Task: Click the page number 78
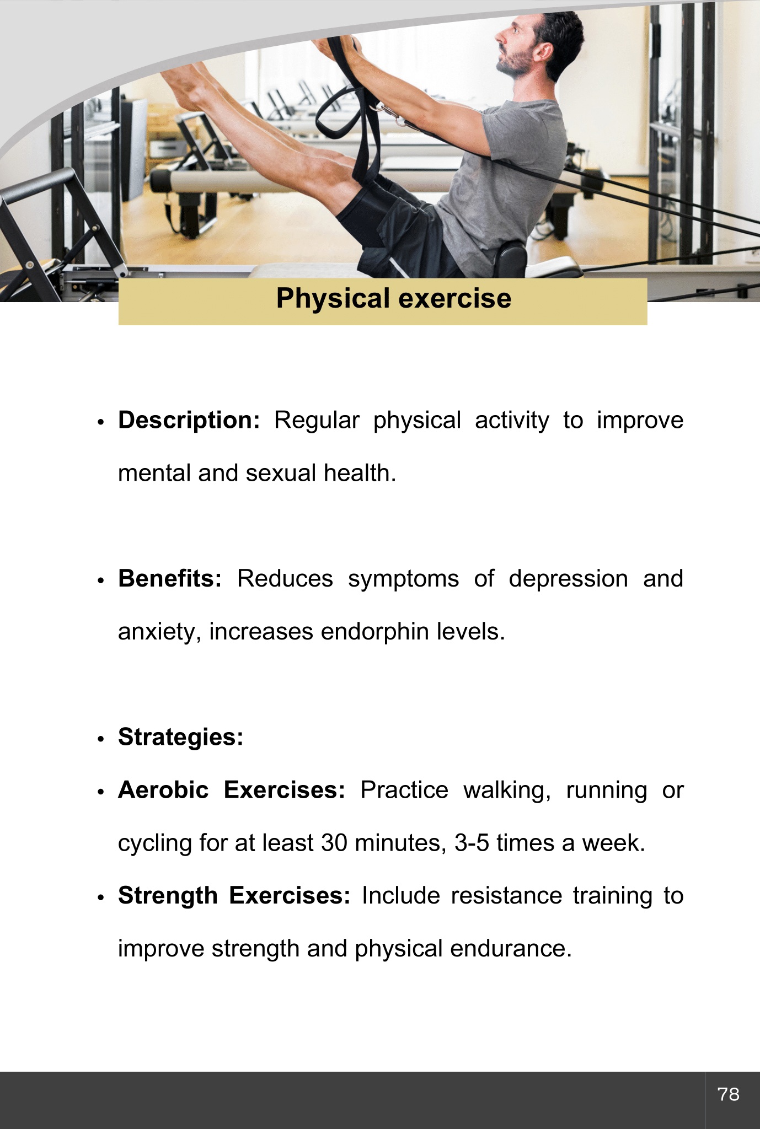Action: point(728,1094)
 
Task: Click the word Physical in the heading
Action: point(333,299)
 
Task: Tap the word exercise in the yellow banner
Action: point(455,299)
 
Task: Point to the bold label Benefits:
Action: point(170,579)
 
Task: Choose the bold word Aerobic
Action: point(163,790)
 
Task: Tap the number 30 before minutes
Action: point(334,843)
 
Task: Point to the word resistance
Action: point(506,896)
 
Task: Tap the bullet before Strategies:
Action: point(100,739)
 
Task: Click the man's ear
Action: point(543,52)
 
